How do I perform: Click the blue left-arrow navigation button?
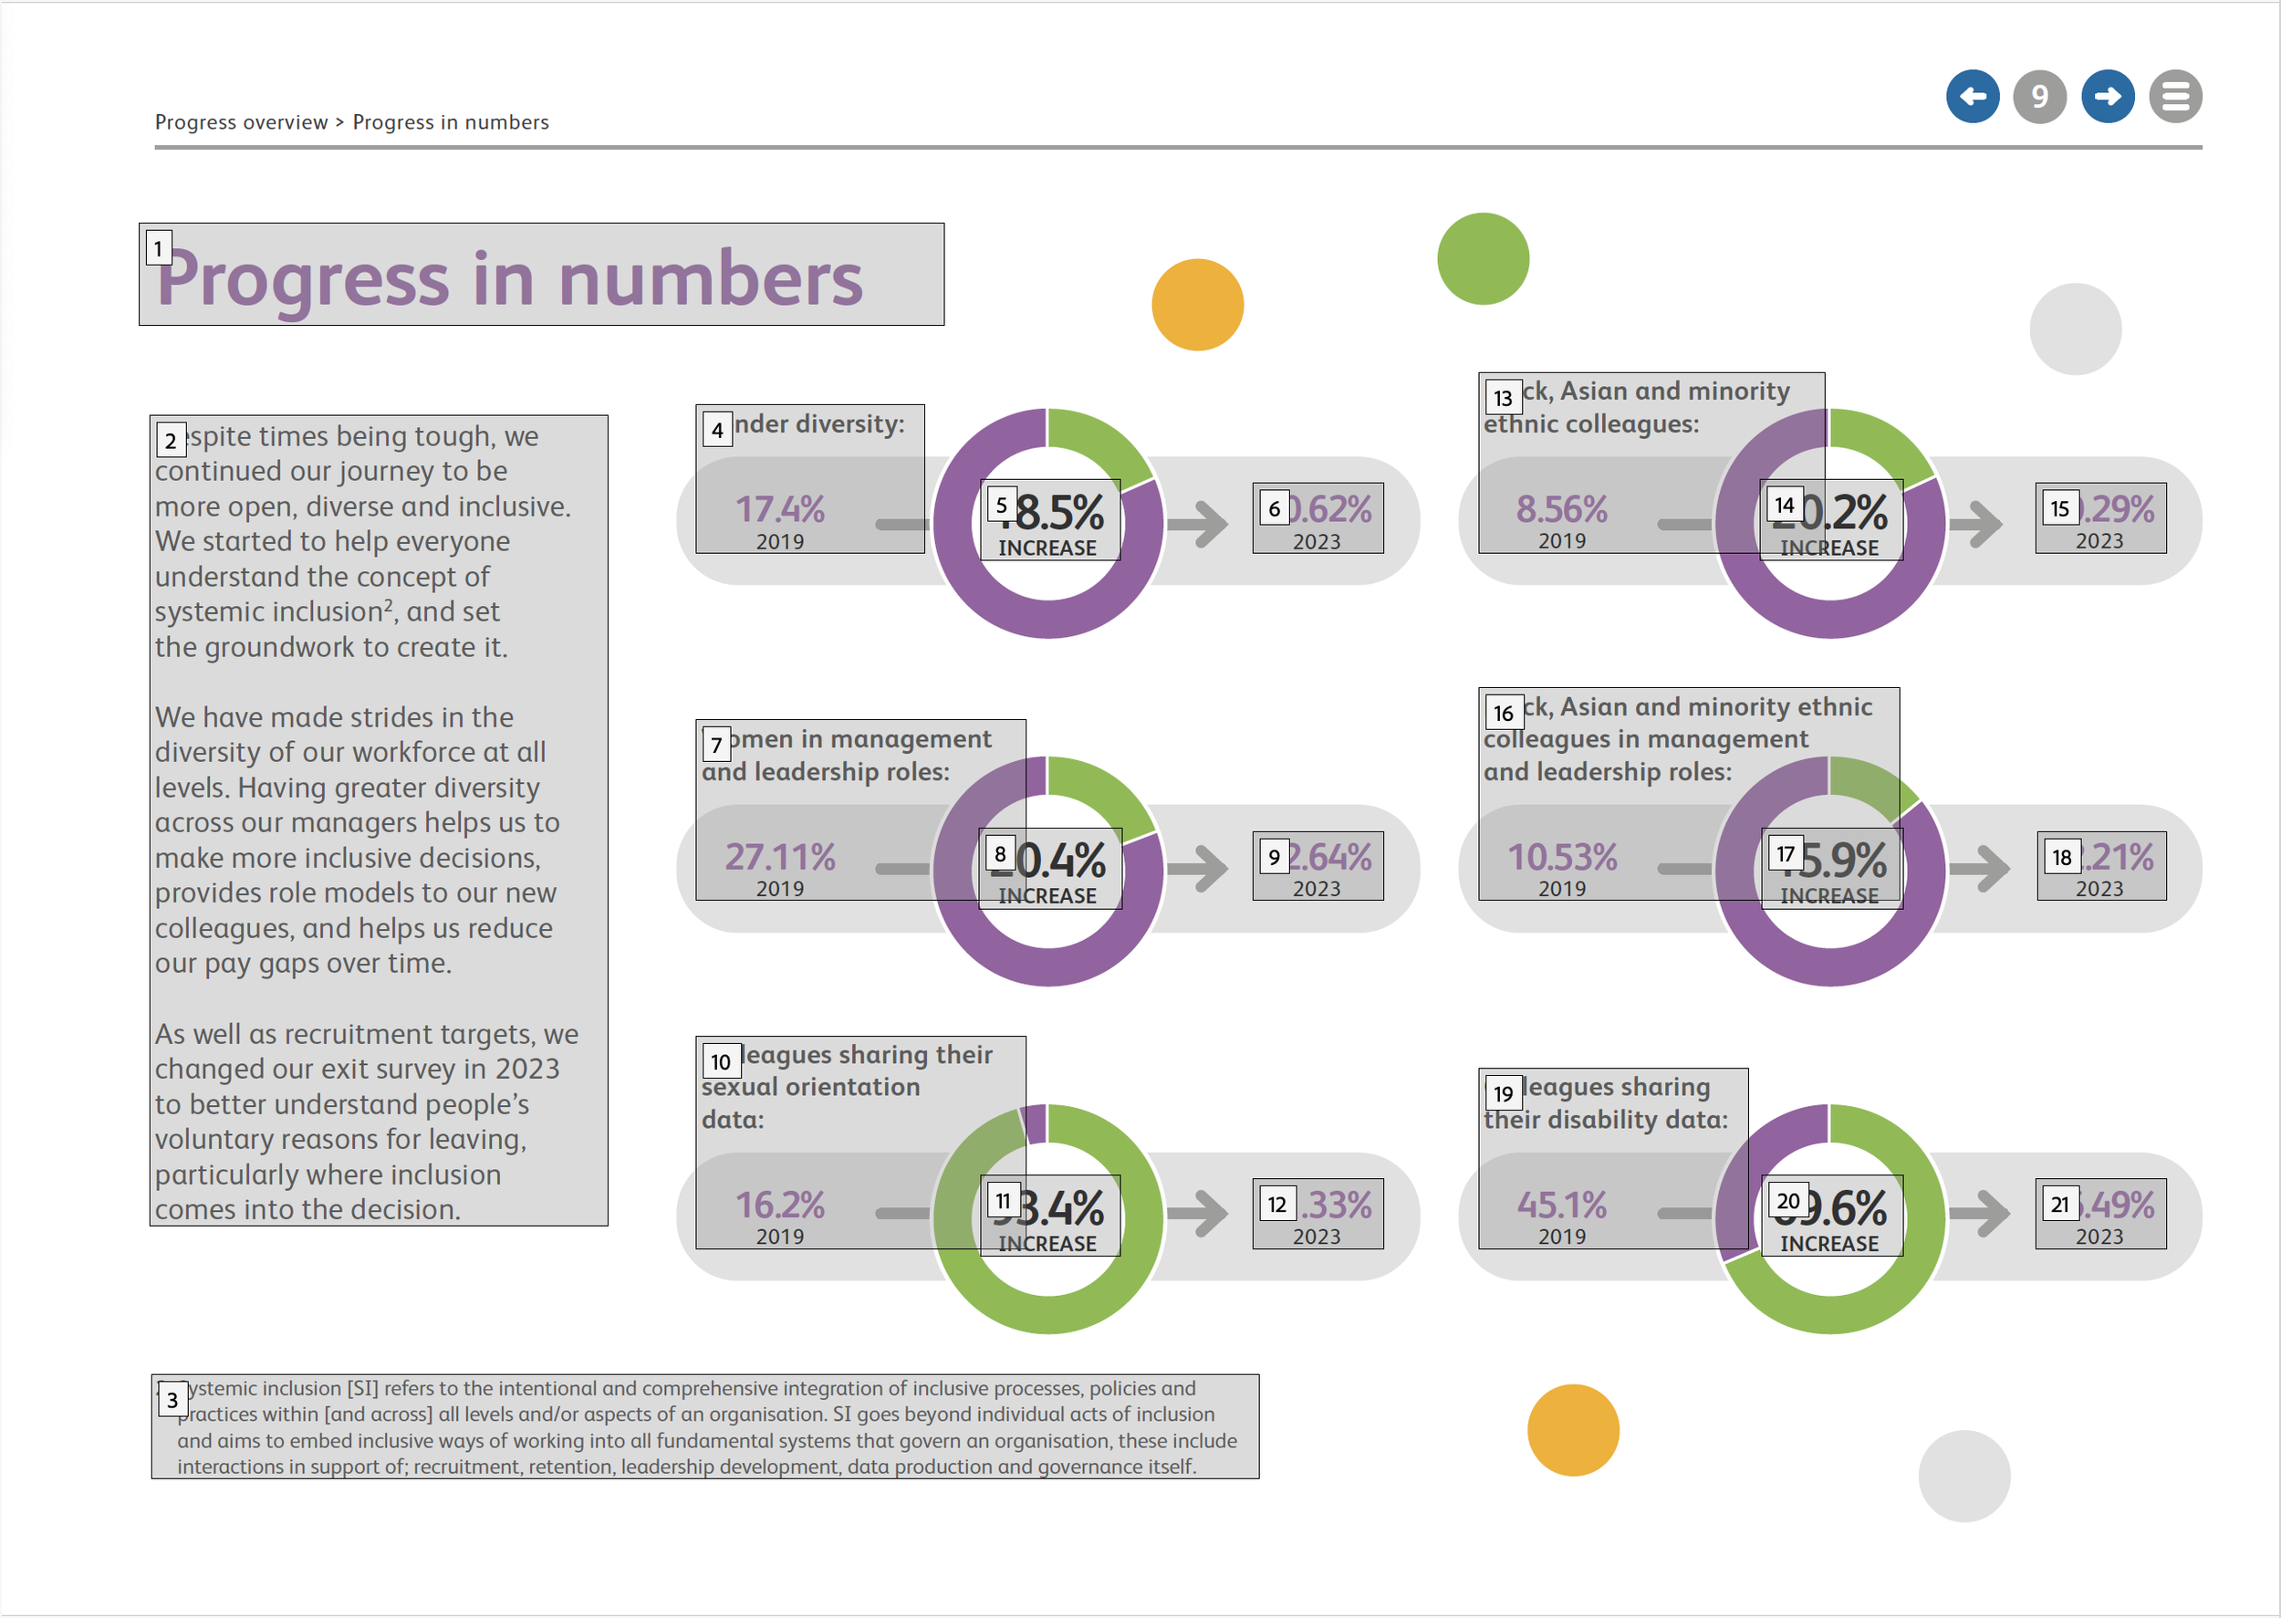(x=1973, y=97)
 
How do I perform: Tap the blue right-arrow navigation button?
(x=2107, y=97)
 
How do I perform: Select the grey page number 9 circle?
(x=2039, y=97)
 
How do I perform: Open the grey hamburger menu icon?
(x=2174, y=97)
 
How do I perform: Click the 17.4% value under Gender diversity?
(x=780, y=510)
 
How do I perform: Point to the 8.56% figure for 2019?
(x=1561, y=510)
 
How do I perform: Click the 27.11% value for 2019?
(x=780, y=858)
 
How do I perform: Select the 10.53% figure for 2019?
(x=1562, y=858)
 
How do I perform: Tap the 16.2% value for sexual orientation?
(x=780, y=1206)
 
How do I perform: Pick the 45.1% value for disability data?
(x=1561, y=1206)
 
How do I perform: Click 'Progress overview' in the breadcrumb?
(x=241, y=122)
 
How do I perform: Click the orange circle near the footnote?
(x=1573, y=1430)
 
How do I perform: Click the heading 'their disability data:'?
(x=1606, y=1120)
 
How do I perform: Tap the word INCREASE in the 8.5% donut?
(x=1047, y=548)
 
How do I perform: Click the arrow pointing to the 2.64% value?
(x=1198, y=868)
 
